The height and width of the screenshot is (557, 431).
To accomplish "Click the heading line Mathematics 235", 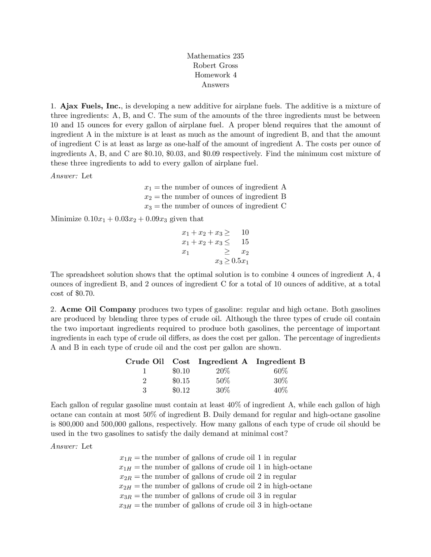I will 215,56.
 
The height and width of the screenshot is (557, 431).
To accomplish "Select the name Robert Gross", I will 215,66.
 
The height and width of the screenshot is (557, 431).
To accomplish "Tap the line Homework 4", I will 215,75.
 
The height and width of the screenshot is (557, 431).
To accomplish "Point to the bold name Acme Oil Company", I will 98,309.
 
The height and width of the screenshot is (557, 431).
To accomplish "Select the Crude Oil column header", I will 144,362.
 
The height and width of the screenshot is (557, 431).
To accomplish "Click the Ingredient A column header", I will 223,362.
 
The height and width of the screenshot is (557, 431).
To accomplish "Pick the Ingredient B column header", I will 280,362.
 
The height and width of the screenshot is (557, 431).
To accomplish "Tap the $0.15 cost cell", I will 181,381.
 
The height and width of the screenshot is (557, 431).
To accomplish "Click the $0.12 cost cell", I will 181,391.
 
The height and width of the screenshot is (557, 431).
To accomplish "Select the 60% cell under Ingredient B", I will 280,371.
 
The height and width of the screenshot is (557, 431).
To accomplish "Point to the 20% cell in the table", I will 223,371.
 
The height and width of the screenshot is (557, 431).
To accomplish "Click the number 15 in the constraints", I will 245,242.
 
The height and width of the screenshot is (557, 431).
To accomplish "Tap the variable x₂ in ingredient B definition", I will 148,197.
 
